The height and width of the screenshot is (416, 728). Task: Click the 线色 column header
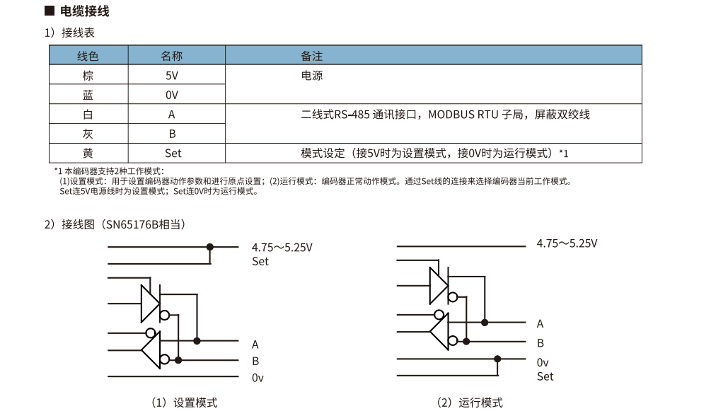point(88,56)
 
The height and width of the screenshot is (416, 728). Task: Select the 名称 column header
point(171,56)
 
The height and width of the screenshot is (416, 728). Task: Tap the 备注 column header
point(311,56)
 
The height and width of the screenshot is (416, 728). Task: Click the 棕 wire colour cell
point(88,75)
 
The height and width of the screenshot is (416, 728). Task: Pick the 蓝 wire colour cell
point(88,94)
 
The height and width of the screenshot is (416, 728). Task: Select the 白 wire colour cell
point(88,114)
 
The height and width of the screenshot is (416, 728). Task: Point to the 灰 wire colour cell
point(88,133)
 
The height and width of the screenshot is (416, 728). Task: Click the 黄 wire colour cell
point(88,153)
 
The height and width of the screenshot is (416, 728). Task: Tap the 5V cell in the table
point(171,75)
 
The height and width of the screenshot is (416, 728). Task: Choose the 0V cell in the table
point(171,95)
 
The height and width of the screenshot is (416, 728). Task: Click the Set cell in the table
point(173,153)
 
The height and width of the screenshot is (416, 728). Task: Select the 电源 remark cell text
point(311,75)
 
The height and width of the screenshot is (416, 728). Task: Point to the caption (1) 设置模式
point(185,403)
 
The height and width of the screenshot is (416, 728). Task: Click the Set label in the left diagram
point(260,262)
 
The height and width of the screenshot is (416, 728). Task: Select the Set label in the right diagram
point(545,376)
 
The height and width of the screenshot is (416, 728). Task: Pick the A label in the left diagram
point(255,345)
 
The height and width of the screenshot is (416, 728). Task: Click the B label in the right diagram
point(541,343)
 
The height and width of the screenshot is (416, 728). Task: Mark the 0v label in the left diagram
point(258,378)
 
